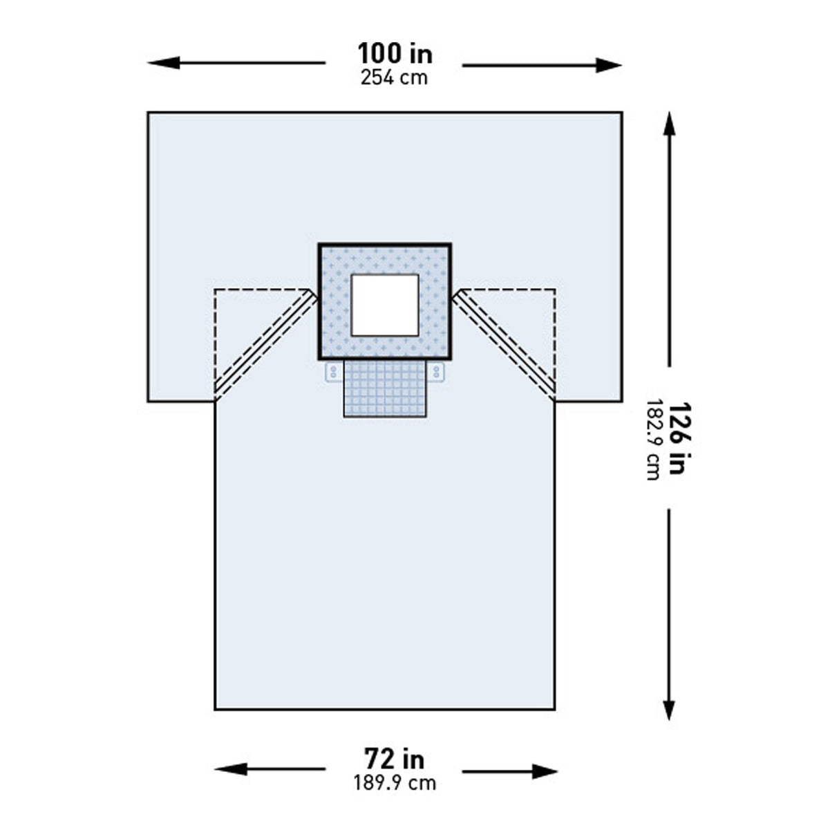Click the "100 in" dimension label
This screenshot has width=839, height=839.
pos(394,53)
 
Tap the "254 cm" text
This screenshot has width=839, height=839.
pos(394,77)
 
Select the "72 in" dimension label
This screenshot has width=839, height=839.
pos(394,760)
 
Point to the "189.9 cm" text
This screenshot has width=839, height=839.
pos(395,783)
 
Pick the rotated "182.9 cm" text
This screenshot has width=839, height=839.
pos(652,440)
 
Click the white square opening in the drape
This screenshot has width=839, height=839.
pos(385,305)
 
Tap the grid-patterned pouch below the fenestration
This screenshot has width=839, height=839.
pos(385,388)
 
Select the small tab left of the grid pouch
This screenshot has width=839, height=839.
pos(334,373)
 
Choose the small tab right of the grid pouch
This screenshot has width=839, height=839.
pos(436,373)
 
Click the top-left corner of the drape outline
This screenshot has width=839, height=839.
pos(149,113)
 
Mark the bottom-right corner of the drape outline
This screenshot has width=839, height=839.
pos(554,709)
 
